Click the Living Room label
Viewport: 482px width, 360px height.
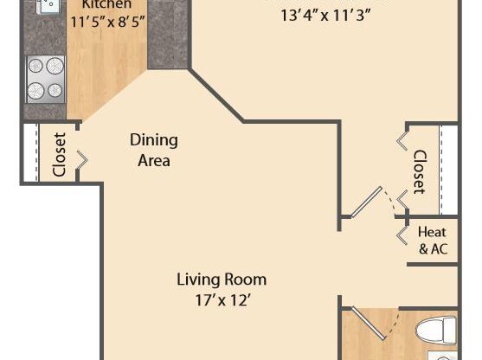(x=222, y=280)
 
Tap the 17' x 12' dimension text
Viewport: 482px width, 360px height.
(x=222, y=300)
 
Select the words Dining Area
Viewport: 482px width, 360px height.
(x=154, y=150)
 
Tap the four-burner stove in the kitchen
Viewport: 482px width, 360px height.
(x=46, y=79)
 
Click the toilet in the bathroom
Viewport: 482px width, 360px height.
(x=436, y=330)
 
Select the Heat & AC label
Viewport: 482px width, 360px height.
(x=433, y=241)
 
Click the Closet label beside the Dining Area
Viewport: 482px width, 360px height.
(x=60, y=154)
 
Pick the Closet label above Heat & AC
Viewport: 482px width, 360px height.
(x=419, y=171)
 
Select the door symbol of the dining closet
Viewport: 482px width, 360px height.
(x=80, y=159)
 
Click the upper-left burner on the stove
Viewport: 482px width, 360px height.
(x=36, y=67)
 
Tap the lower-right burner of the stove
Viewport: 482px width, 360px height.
(x=55, y=89)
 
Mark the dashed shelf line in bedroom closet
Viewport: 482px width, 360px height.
(x=440, y=170)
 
